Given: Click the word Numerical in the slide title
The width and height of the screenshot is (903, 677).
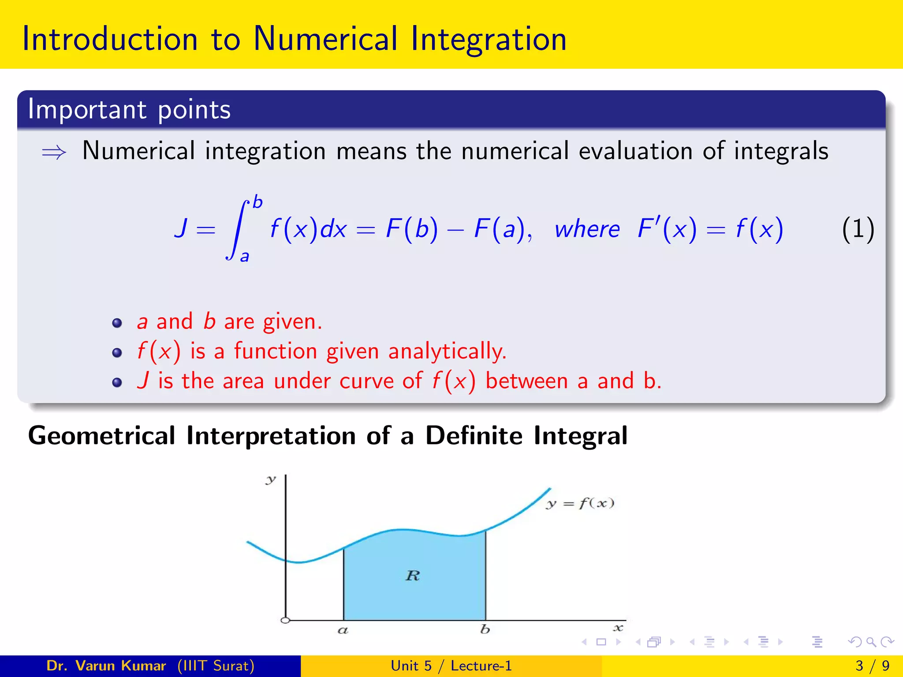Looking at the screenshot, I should click(325, 39).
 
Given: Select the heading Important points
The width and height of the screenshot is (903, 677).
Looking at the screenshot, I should click(129, 109).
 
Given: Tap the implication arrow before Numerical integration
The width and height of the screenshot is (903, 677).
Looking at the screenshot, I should click(54, 153).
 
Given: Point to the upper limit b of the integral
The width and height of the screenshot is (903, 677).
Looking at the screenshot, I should click(257, 202).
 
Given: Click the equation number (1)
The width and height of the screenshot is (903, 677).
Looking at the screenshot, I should click(858, 229).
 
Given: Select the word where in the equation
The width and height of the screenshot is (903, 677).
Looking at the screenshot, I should click(587, 229).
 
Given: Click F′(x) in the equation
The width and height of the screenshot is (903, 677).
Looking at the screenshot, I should click(667, 229).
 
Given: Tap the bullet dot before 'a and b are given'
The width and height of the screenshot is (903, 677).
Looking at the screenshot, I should click(117, 323).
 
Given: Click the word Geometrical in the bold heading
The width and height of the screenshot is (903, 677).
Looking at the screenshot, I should click(102, 435).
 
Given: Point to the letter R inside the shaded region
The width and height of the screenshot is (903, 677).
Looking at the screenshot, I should click(413, 576).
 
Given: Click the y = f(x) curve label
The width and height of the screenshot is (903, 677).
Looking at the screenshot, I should click(580, 503).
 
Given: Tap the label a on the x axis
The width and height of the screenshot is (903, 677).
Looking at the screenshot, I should click(343, 630).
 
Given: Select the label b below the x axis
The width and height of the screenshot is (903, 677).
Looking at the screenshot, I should click(485, 629).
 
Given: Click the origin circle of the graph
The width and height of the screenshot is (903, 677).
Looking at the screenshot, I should click(285, 620).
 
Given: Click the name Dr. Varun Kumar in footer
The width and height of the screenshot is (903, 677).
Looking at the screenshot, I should click(106, 666).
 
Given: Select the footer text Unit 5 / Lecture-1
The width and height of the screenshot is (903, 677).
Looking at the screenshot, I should click(451, 666).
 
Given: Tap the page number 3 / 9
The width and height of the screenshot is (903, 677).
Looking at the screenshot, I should click(872, 666).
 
